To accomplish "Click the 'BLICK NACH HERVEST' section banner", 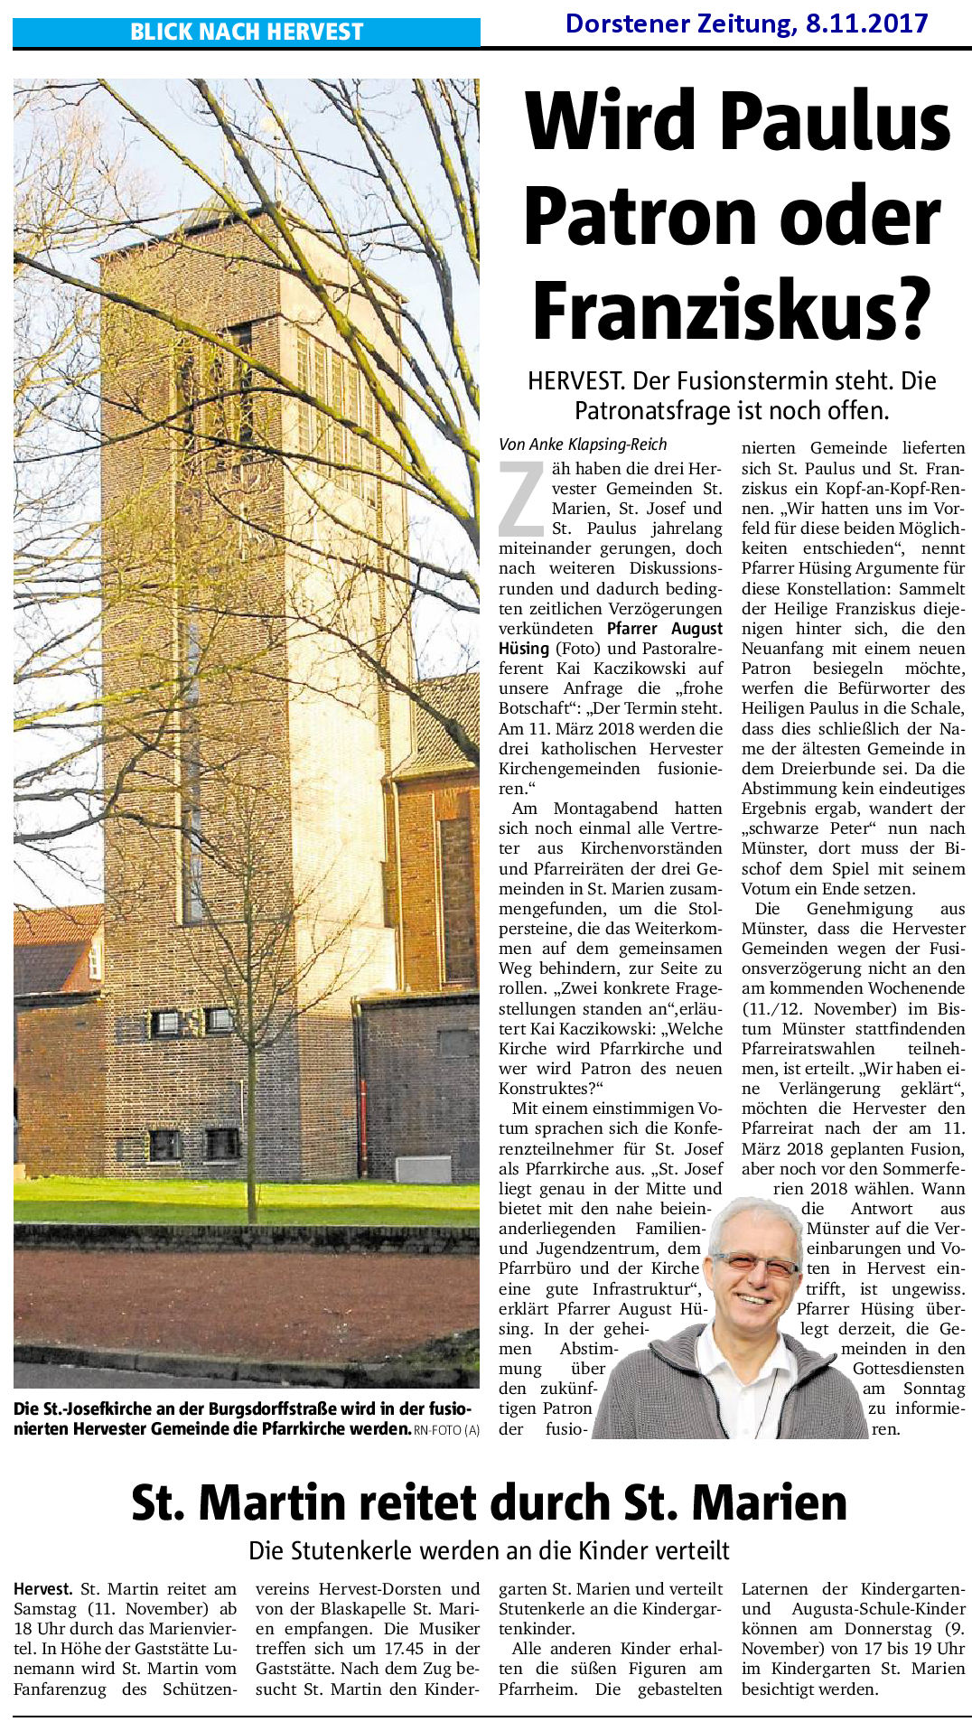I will tap(246, 32).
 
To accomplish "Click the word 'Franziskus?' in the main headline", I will tap(731, 310).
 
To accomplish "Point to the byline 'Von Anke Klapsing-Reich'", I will tap(583, 444).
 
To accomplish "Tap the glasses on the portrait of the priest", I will tap(753, 1265).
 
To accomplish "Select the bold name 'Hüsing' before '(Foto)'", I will tap(524, 649).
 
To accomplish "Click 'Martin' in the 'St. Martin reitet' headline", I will tap(272, 1502).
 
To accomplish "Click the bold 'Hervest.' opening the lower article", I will tap(43, 1588).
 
